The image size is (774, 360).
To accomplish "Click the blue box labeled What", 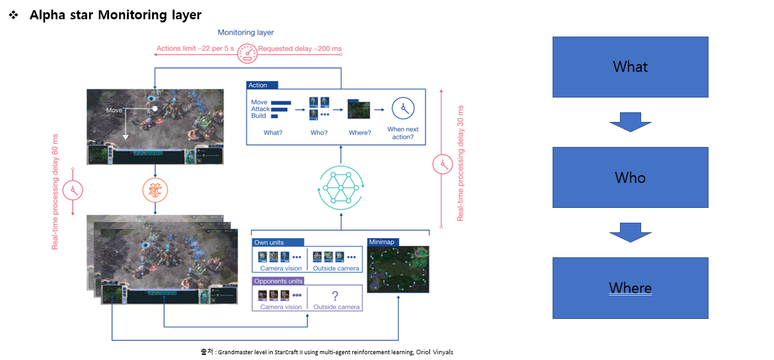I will click(x=630, y=67).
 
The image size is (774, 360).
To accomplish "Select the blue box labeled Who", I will click(x=630, y=177).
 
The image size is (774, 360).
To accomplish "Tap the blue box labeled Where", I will click(x=630, y=288).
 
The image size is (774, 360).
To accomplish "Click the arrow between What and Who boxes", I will click(x=630, y=122).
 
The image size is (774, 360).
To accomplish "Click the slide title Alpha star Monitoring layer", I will click(x=116, y=15).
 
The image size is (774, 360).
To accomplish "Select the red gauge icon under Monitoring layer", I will click(x=246, y=52).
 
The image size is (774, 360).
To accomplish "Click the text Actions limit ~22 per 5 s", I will click(x=196, y=49).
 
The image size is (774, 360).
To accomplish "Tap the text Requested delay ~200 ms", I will click(x=300, y=49).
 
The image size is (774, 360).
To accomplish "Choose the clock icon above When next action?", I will click(x=403, y=109).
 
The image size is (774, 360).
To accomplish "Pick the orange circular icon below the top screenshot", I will click(x=155, y=191).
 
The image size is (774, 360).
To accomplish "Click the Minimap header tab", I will click(x=383, y=242).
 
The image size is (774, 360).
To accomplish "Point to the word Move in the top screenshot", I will click(x=115, y=110).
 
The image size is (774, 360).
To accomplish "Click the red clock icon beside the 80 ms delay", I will click(x=74, y=191).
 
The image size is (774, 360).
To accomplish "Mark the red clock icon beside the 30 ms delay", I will click(x=442, y=164).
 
